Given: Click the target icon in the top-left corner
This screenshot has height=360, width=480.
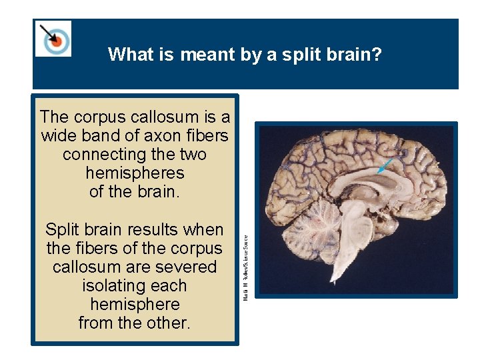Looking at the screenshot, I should tap(54, 39).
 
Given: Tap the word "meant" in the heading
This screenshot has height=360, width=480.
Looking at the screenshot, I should tap(204, 54).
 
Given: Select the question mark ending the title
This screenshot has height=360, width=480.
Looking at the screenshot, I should tap(378, 54).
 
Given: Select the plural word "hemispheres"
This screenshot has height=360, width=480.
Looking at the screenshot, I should tap(135, 173).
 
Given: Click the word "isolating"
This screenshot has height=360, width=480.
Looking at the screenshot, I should tap(115, 286).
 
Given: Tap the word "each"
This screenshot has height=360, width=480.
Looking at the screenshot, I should tap(169, 286).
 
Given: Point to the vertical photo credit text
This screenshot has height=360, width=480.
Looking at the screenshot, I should tap(246, 267).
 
